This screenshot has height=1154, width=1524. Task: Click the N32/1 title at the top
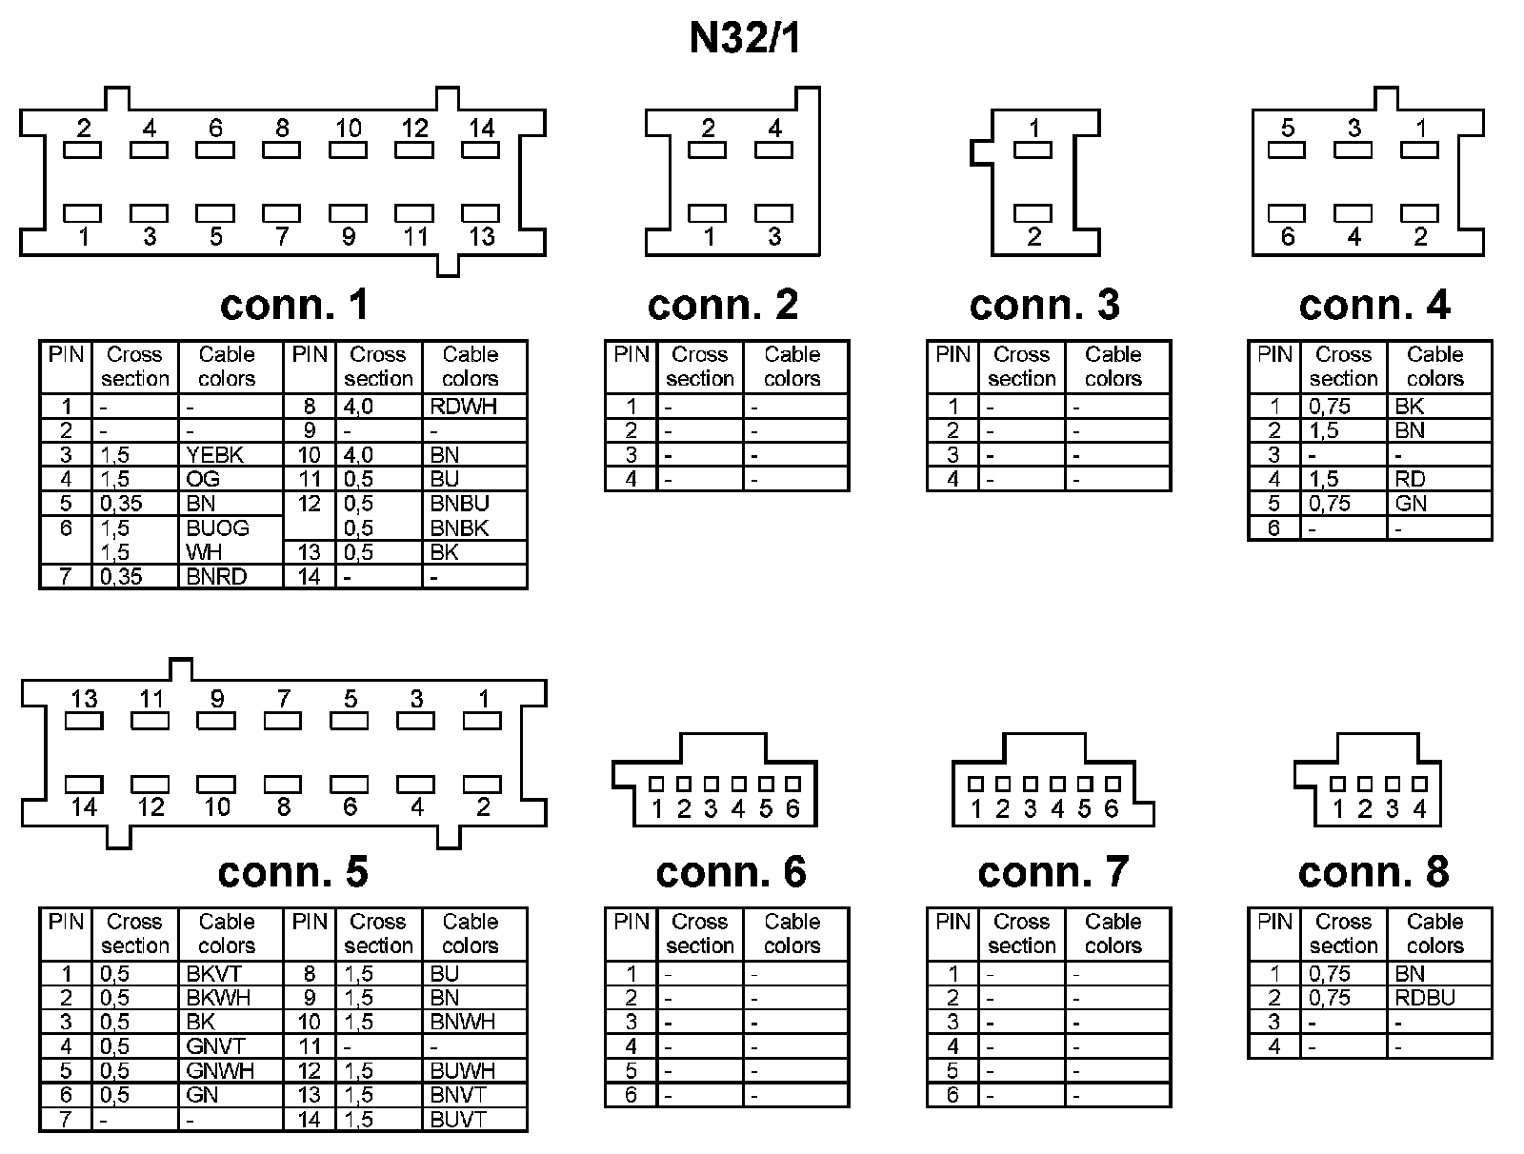click(x=746, y=39)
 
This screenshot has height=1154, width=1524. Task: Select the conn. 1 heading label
click(x=293, y=305)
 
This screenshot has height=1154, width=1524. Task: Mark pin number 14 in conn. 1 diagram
click(x=482, y=129)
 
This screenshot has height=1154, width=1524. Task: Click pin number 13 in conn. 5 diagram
click(x=84, y=699)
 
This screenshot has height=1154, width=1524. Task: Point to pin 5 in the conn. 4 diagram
click(x=1288, y=129)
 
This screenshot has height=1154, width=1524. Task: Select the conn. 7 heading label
click(x=1053, y=872)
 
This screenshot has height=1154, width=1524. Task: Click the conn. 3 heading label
click(x=1045, y=305)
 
